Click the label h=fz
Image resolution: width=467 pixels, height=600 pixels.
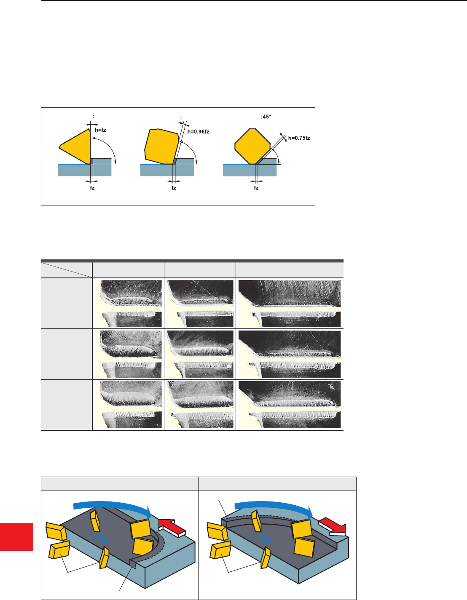[x=100, y=130]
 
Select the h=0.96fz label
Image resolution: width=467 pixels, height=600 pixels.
[x=198, y=132]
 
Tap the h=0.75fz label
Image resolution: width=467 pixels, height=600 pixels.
[x=299, y=138]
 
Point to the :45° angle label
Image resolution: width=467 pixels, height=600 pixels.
[x=266, y=117]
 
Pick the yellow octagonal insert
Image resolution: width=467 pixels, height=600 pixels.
[x=252, y=147]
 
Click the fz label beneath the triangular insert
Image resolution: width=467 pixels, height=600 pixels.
[x=92, y=188]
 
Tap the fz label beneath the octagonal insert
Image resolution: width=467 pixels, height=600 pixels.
[x=256, y=188]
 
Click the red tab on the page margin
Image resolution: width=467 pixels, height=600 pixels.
[x=16, y=537]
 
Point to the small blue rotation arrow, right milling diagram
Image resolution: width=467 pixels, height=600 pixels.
[x=262, y=540]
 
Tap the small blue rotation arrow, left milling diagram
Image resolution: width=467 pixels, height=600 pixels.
[x=101, y=539]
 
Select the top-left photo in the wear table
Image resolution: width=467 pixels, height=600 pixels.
[x=128, y=304]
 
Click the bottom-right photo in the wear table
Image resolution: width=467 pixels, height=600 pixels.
[x=289, y=405]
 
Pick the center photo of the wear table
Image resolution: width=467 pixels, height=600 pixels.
[x=200, y=354]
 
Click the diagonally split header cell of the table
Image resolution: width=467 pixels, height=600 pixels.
[x=67, y=270]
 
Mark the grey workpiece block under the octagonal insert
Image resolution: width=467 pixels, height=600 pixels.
[x=250, y=170]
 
